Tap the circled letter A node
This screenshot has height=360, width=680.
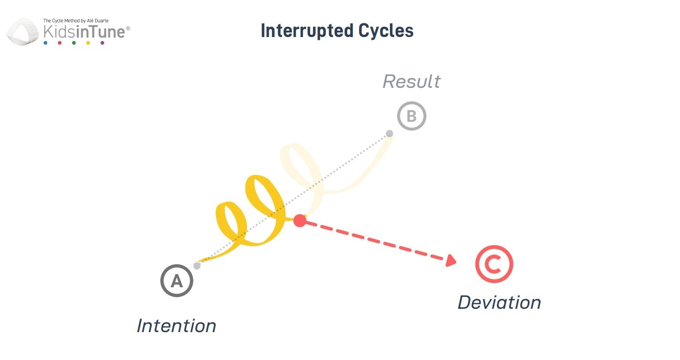point(177,281)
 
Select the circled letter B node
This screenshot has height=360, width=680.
point(411,116)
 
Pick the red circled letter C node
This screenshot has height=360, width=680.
point(494,264)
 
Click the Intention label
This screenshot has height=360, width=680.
point(176,326)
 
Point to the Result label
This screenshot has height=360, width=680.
point(411,81)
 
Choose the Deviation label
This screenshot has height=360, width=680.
point(499,302)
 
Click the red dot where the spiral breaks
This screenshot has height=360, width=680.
point(300,220)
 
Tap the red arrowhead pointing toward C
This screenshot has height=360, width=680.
point(451,261)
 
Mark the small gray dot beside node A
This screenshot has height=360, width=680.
point(197,265)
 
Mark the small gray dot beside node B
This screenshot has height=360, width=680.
point(389,134)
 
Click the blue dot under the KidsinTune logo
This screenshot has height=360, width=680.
point(45,43)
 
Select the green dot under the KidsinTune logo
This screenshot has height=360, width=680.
point(74,43)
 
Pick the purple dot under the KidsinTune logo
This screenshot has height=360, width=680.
point(102,43)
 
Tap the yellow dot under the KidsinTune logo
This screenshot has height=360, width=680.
point(88,43)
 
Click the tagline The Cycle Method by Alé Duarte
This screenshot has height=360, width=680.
point(76,21)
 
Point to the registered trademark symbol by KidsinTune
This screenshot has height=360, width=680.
point(128,28)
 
